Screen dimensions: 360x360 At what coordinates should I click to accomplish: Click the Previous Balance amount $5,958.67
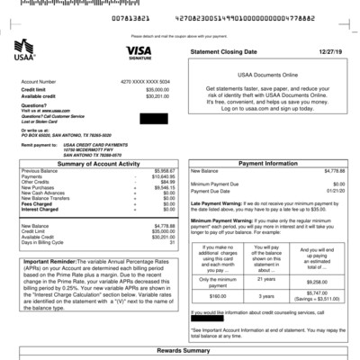pos(163,170)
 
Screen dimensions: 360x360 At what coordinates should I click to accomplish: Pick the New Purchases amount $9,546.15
pos(163,187)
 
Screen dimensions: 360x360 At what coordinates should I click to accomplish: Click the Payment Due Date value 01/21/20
pos(334,191)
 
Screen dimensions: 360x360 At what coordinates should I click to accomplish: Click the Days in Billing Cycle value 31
pos(171,243)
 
